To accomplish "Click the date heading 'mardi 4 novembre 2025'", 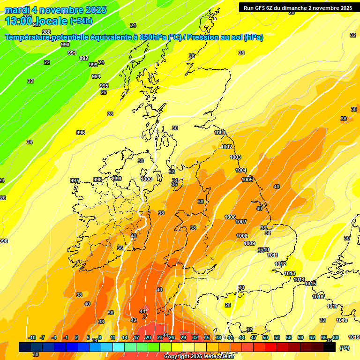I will (55, 10).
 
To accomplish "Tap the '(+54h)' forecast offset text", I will (81, 21).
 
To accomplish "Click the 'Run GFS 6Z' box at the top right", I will (298, 7).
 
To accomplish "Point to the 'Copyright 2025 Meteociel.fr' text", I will (197, 356).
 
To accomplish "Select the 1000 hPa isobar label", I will (146, 179).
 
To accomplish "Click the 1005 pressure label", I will (247, 180).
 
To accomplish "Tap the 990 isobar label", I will (65, 45).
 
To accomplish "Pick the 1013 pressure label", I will (290, 273).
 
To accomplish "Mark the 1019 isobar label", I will (354, 337).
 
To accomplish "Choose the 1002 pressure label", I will (226, 147).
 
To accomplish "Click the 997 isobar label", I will (75, 180).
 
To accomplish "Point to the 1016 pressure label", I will (318, 297).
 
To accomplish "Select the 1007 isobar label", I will (241, 222).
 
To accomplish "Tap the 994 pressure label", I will (96, 76).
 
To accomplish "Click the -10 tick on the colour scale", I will (32, 337).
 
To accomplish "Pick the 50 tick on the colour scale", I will (265, 337).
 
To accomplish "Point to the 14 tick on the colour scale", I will (124, 337).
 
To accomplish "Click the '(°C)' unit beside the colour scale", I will (345, 348).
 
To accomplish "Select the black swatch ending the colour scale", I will (330, 347).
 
